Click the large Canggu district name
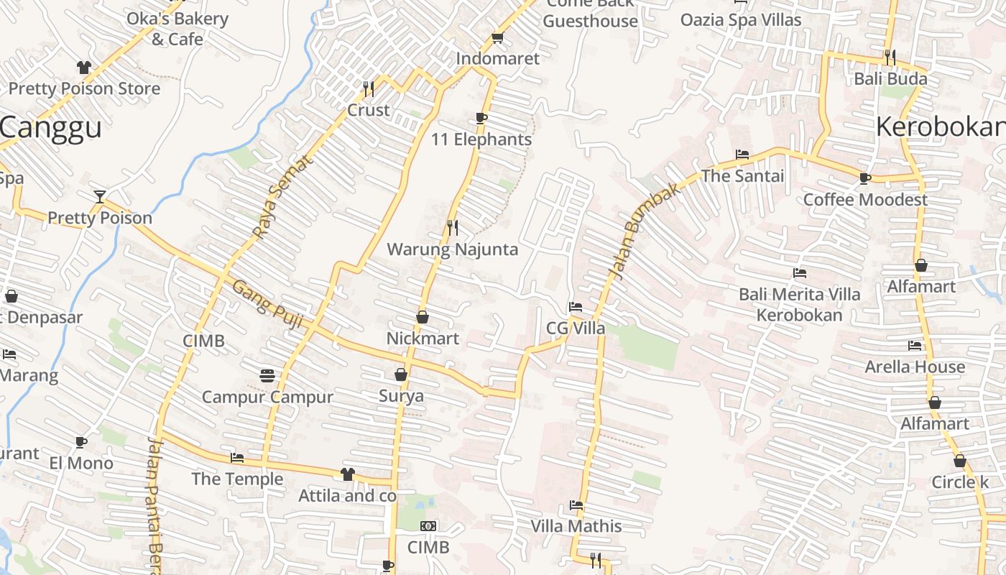50,128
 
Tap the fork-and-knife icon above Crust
369,89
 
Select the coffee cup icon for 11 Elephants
481,118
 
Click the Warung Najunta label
452,249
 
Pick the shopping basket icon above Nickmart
423,316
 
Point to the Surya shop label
401,396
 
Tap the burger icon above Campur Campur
267,375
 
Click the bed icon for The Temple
237,458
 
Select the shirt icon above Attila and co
348,474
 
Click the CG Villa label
576,328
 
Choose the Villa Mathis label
576,526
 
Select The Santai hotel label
742,175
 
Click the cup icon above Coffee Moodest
865,178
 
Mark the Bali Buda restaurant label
890,78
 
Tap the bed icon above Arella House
915,346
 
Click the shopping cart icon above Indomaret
497,37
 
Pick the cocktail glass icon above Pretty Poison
100,196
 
